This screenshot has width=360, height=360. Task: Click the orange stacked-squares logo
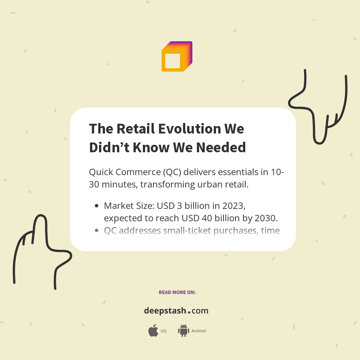176,57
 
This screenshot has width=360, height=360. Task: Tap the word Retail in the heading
136,129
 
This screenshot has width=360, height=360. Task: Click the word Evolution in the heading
190,129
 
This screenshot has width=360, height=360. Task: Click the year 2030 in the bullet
267,218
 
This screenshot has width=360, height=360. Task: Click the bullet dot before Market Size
97,205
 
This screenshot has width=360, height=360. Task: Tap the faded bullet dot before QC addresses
97,230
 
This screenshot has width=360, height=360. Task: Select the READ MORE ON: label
177,292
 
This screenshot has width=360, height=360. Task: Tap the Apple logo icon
153,331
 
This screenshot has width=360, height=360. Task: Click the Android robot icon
183,331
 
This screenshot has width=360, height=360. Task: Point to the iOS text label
163,331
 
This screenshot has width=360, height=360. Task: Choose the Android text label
199,331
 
